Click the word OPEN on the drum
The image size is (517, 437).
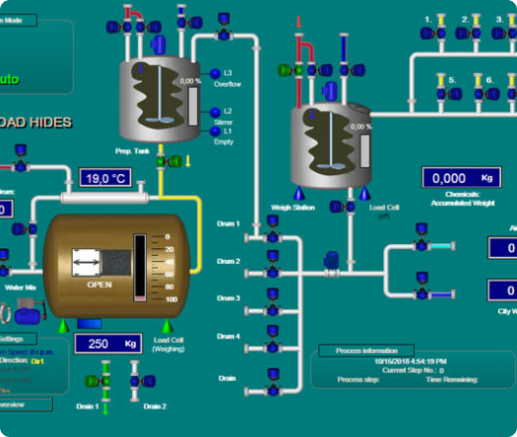100,283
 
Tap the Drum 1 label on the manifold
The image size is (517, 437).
228,224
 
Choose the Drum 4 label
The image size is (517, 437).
228,337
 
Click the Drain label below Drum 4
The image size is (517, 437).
227,377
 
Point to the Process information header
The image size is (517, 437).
358,350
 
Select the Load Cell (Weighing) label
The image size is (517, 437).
169,344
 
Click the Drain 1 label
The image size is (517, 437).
89,406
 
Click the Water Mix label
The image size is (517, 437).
21,287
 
